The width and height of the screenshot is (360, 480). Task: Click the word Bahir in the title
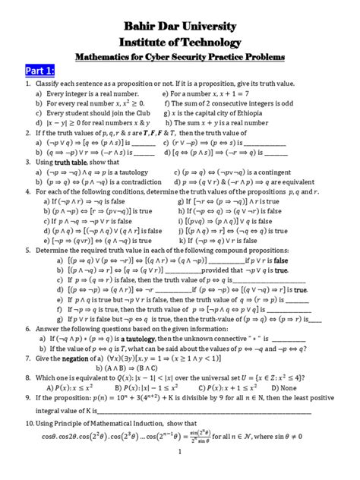point(137,27)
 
